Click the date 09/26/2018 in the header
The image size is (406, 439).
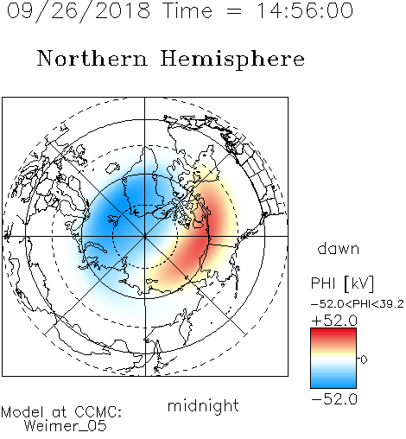click(x=79, y=11)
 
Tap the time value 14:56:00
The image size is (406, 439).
click(x=305, y=10)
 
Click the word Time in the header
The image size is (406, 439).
click(x=187, y=10)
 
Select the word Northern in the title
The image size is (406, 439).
click(x=92, y=59)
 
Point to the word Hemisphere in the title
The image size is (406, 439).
click(x=232, y=60)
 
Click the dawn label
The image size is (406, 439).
click(x=339, y=249)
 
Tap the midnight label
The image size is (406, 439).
click(x=203, y=406)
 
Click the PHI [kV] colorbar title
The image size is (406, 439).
click(x=342, y=283)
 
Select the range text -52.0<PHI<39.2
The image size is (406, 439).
click(x=358, y=304)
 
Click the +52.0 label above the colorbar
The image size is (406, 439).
click(x=334, y=321)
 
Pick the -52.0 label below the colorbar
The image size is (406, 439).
click(x=334, y=399)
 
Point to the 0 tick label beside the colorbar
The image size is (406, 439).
click(x=364, y=359)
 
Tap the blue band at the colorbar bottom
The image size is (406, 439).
click(x=333, y=382)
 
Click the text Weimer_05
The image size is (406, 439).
click(x=66, y=426)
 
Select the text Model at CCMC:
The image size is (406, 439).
click(x=61, y=412)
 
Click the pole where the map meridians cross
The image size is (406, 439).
click(x=145, y=237)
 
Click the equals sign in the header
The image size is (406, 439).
click(x=234, y=11)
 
